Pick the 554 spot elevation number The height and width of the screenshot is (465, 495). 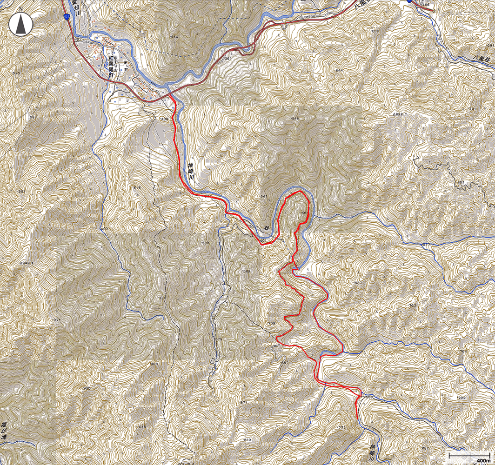point(174,37)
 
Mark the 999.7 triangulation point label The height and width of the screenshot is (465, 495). point(400,113)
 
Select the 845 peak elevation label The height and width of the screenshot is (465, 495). point(294,119)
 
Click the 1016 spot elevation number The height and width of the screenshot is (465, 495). point(141,426)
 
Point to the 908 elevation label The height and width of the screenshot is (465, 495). point(154,364)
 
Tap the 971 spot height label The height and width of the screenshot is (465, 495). point(57,320)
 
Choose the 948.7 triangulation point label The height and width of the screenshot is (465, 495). point(26,263)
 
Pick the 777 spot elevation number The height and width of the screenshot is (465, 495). point(342,427)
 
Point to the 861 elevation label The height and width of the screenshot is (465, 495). point(461,182)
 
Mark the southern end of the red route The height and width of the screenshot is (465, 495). point(357,418)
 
